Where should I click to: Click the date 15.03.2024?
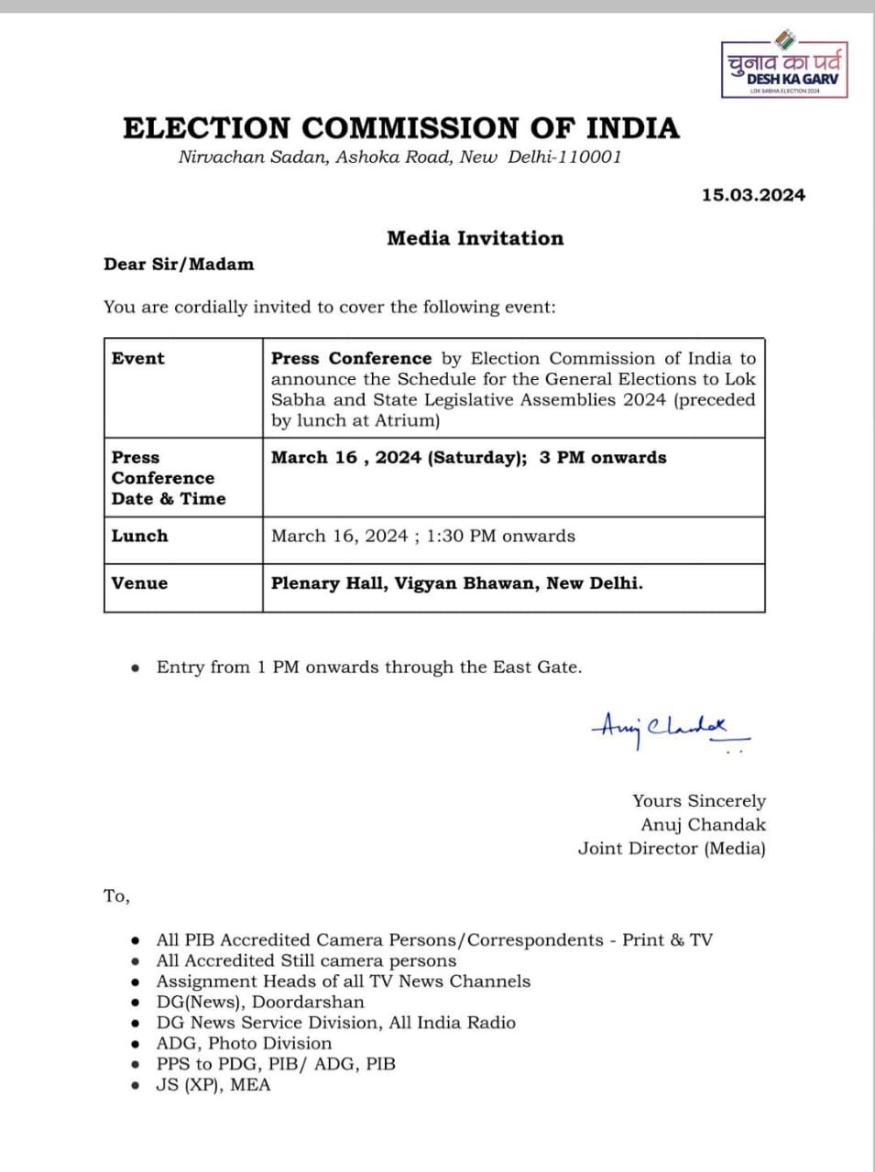point(753,195)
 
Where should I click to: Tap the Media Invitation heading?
point(475,239)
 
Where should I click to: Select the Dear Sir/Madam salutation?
point(179,265)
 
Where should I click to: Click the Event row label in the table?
point(138,359)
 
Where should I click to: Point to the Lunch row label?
point(140,537)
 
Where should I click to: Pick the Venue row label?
point(140,583)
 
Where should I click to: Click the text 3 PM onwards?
point(602,458)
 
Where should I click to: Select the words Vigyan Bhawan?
point(465,583)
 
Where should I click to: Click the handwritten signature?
point(669,730)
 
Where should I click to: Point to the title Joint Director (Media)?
point(672,849)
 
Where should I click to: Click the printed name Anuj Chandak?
point(703,825)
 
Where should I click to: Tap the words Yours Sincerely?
point(699,801)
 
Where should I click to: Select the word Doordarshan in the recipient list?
point(308,1003)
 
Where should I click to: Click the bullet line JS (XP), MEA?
point(213,1086)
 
